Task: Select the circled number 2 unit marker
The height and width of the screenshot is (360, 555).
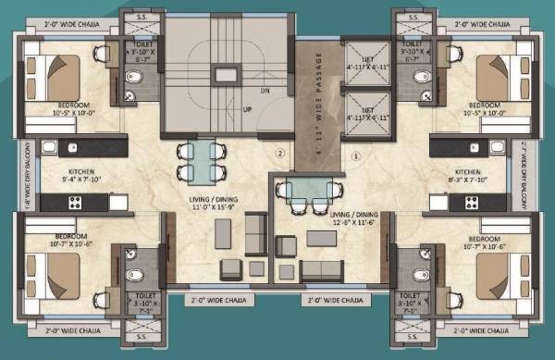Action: tap(277, 153)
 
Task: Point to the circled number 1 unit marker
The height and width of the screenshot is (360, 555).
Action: tap(355, 155)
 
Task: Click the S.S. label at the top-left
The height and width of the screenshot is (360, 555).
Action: tap(143, 16)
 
